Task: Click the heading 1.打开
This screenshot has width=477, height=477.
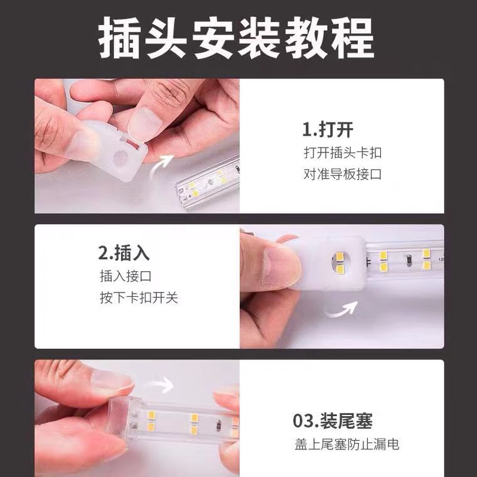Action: pyautogui.click(x=328, y=130)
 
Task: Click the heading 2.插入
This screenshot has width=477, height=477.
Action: pyautogui.click(x=124, y=253)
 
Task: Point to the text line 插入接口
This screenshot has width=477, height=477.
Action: pyautogui.click(x=126, y=276)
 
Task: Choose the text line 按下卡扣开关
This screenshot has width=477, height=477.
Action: pyautogui.click(x=139, y=297)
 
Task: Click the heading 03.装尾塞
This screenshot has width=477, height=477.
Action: pyautogui.click(x=336, y=420)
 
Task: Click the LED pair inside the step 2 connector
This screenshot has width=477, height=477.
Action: pyautogui.click(x=337, y=263)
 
